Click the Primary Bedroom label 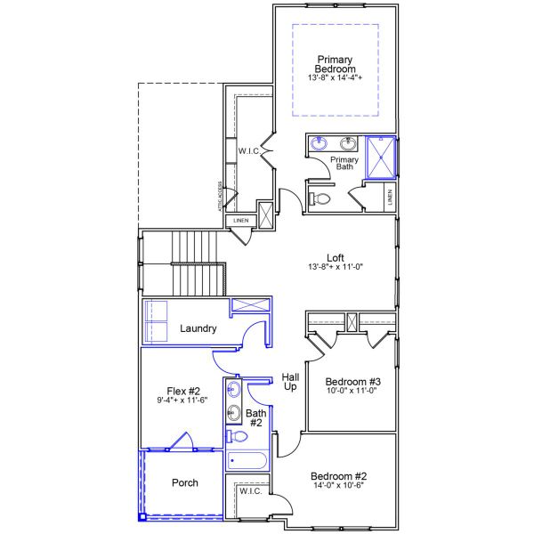point(336,64)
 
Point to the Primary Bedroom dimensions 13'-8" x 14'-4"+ point(336,78)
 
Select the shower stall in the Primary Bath point(381,157)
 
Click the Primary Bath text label point(344,165)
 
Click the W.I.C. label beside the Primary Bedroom point(248,151)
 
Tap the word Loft point(335,258)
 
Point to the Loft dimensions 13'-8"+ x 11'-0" point(335,268)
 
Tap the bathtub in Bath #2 point(247,460)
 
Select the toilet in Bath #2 point(236,436)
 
